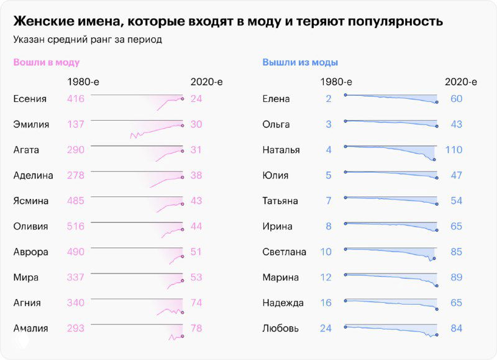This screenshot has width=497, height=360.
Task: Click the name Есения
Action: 29,99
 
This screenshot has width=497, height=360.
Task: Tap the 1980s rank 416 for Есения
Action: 75,99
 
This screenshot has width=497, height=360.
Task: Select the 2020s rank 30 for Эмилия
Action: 196,124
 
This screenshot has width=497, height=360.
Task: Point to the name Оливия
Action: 30,226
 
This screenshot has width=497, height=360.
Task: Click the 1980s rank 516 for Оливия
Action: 75,226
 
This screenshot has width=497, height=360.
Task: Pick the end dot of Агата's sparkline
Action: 182,150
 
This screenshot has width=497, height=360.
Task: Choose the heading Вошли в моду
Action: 47,62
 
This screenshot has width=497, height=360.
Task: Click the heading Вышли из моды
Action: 300,62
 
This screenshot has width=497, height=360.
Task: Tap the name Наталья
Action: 281,150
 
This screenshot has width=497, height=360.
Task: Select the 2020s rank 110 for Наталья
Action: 455,150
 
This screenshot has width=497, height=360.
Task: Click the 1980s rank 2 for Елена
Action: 328,99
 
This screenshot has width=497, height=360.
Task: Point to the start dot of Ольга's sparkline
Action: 344,121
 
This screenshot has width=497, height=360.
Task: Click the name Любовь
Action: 281,328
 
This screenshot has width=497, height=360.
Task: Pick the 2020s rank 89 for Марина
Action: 457,277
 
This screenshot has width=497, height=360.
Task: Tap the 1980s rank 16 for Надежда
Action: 326,303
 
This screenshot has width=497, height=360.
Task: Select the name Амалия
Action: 30,328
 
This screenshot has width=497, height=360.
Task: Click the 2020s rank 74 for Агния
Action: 196,303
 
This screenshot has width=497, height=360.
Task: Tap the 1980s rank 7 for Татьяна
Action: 328,201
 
